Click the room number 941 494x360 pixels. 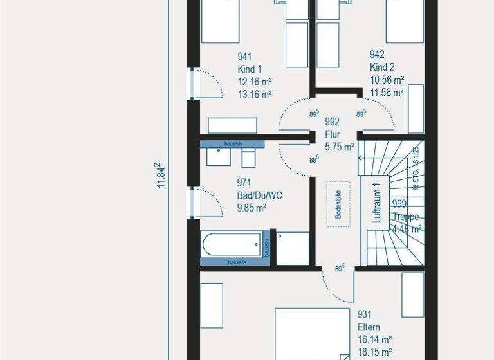click(245, 56)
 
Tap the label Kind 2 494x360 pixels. click(382, 67)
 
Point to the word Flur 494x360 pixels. click(333, 134)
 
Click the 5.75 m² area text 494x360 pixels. click(340, 147)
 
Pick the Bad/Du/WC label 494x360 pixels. click(259, 195)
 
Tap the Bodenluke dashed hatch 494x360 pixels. click(338, 203)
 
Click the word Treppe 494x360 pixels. click(407, 217)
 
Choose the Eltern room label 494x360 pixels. click(370, 327)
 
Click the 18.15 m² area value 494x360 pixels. click(375, 352)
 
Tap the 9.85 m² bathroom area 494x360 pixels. click(252, 207)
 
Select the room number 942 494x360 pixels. click(378, 55)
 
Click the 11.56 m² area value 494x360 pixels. click(387, 93)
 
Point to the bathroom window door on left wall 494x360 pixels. click(192, 203)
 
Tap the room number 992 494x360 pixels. click(332, 121)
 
